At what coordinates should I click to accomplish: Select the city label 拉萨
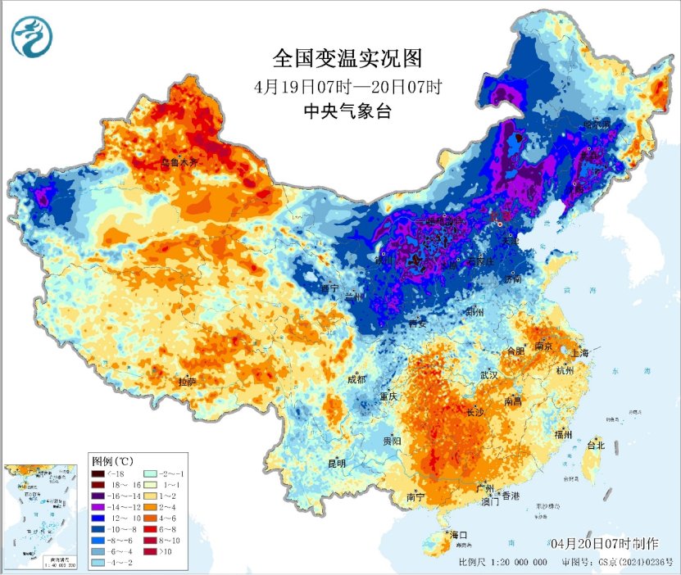(187, 382)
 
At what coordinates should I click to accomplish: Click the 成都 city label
(356, 379)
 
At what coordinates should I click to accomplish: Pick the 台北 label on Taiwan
(595, 446)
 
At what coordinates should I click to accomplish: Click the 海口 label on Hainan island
(459, 535)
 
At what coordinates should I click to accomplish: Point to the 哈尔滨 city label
(597, 124)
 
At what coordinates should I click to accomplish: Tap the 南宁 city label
(415, 496)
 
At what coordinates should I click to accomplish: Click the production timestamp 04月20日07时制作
(605, 544)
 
